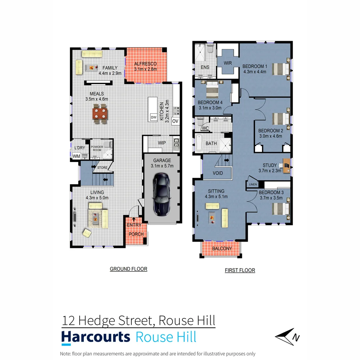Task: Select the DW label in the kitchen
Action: [x=153, y=117]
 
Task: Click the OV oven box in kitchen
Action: [x=175, y=121]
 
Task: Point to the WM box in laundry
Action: [x=77, y=156]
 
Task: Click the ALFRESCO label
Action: [x=145, y=64]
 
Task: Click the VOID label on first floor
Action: [x=218, y=173]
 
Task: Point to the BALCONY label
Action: [x=222, y=249]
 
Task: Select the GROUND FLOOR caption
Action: [x=128, y=269]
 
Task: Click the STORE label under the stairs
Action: [x=102, y=167]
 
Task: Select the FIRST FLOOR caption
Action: [x=240, y=270]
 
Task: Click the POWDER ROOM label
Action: [x=97, y=148]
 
